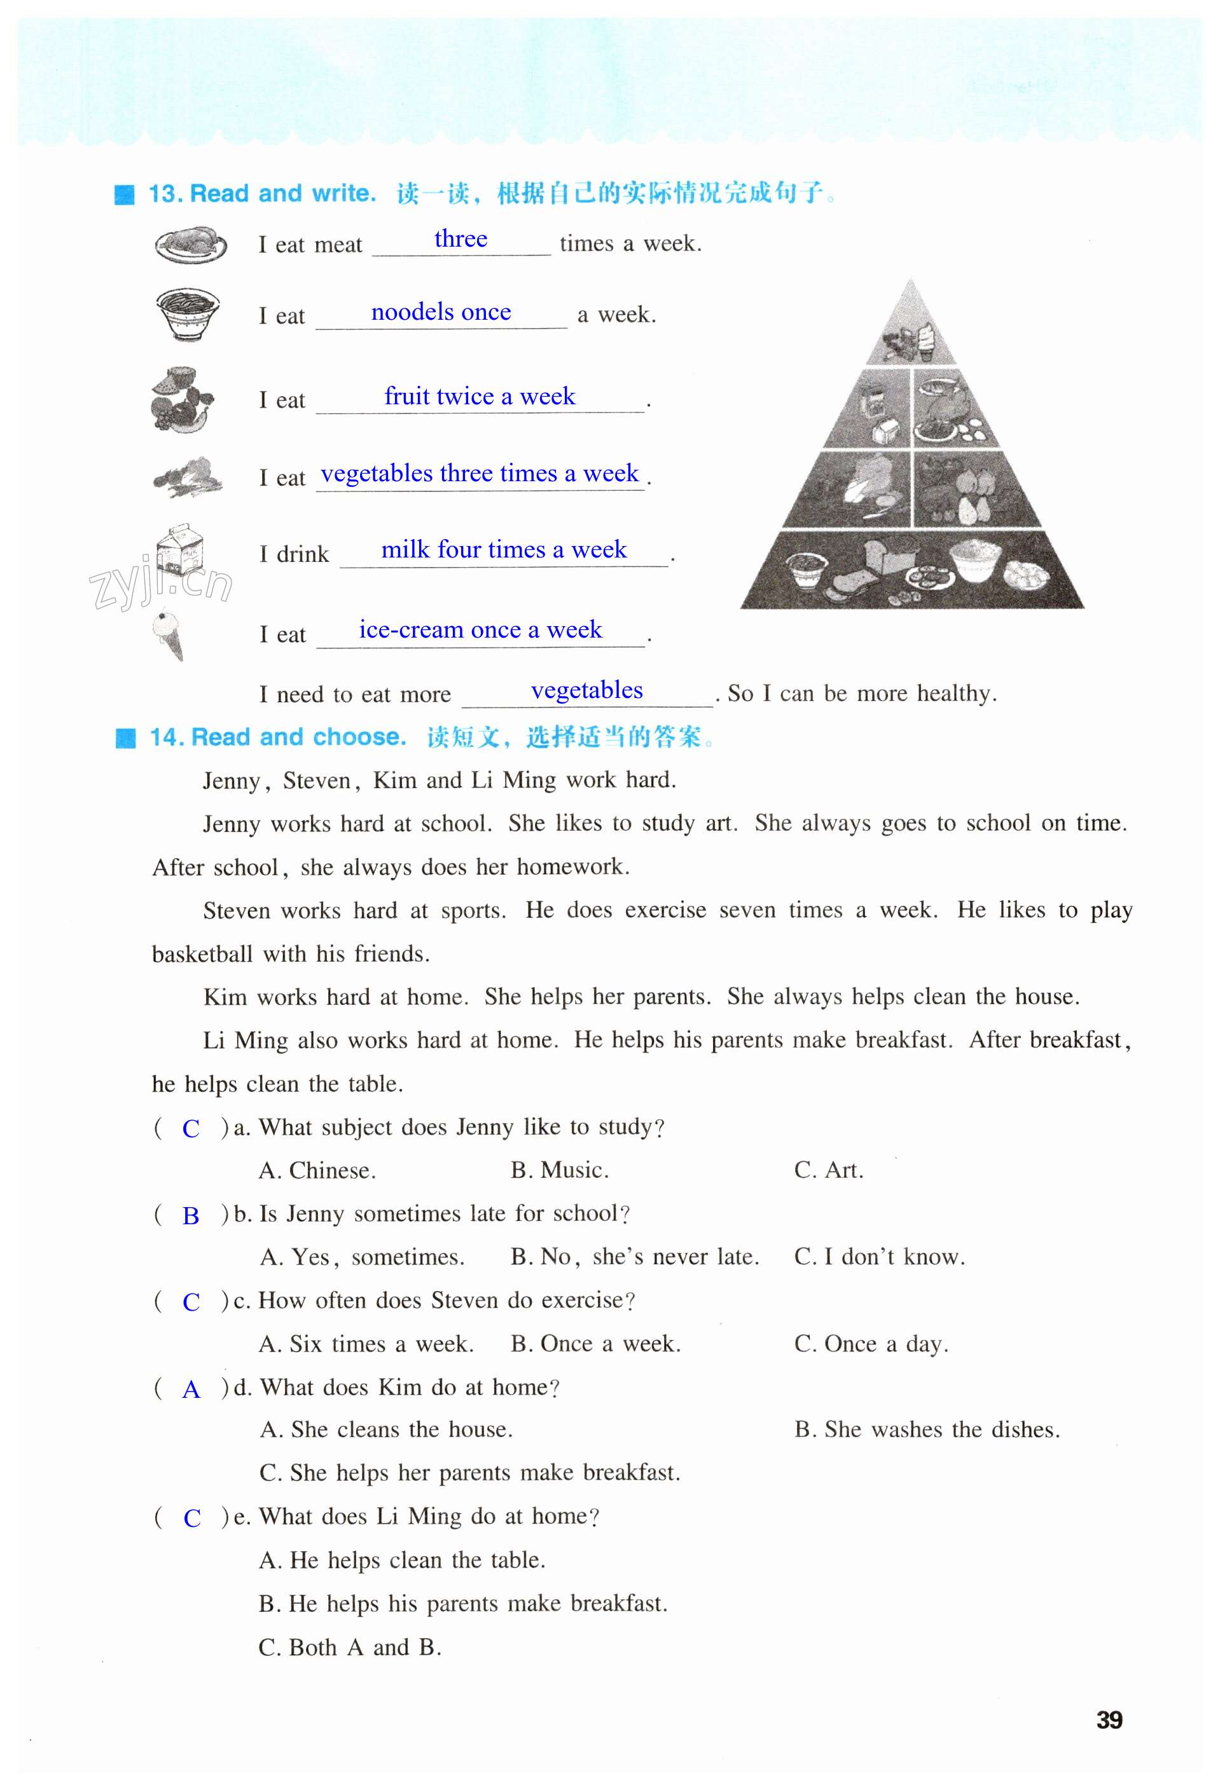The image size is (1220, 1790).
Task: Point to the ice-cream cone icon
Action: (x=170, y=634)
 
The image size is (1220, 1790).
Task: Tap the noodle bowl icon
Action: (x=186, y=314)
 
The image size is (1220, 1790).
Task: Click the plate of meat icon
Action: (x=190, y=245)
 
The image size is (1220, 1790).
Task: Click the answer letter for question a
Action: (x=190, y=1129)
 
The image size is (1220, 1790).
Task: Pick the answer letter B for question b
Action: (x=190, y=1216)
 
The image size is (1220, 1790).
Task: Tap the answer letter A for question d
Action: (x=190, y=1390)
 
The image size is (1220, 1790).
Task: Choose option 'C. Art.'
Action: (x=828, y=1171)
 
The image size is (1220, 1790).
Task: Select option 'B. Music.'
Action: (x=560, y=1171)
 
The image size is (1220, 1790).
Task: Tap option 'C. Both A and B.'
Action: (x=350, y=1648)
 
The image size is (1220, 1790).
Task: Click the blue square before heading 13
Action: (x=124, y=194)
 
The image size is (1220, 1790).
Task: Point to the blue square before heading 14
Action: (x=125, y=738)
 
